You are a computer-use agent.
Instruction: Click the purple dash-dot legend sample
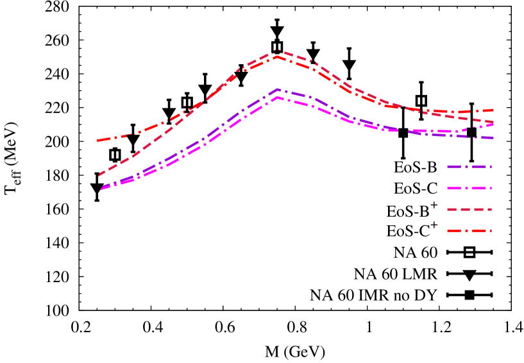pyautogui.click(x=469, y=167)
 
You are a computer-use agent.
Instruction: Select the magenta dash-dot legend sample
pyautogui.click(x=469, y=189)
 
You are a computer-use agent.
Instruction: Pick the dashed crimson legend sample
pyautogui.click(x=469, y=210)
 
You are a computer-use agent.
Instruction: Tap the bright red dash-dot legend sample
pyautogui.click(x=469, y=231)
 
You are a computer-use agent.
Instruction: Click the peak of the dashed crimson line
pyautogui.click(x=277, y=50)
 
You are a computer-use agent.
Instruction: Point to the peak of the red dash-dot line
pyautogui.click(x=277, y=56)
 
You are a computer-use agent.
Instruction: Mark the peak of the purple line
pyautogui.click(x=277, y=89)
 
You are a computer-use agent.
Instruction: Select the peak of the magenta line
pyautogui.click(x=277, y=97)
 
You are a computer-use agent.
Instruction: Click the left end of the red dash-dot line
pyautogui.click(x=97, y=140)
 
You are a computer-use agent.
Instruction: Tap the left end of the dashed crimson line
pyautogui.click(x=99, y=174)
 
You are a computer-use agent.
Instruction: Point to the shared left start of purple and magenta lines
pyautogui.click(x=101, y=189)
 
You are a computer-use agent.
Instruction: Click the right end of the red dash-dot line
pyautogui.click(x=493, y=110)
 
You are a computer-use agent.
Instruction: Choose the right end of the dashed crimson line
pyautogui.click(x=493, y=122)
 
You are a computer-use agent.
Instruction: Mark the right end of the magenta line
pyautogui.click(x=493, y=124)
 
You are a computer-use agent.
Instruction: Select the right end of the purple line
pyautogui.click(x=493, y=138)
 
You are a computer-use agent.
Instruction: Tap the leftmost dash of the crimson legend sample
pyautogui.click(x=452, y=210)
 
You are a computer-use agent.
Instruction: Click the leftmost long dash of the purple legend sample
pyautogui.click(x=455, y=167)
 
